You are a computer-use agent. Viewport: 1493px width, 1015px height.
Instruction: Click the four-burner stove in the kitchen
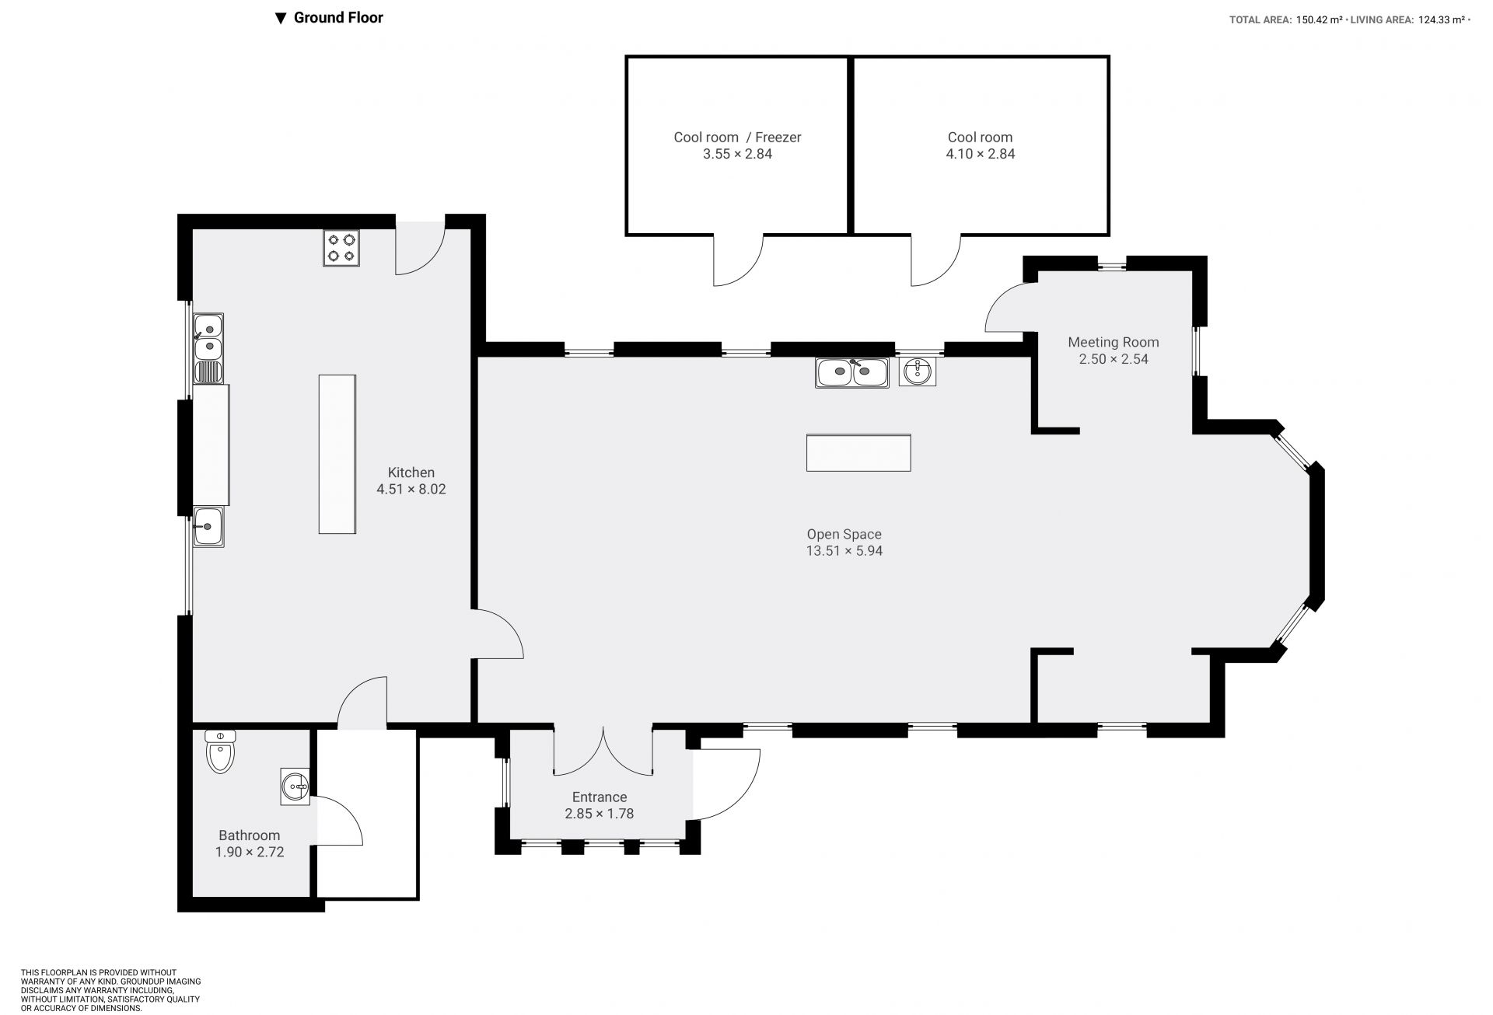click(x=341, y=248)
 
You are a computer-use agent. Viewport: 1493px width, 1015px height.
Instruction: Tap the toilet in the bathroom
click(x=220, y=751)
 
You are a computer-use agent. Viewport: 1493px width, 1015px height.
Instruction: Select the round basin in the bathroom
click(x=295, y=787)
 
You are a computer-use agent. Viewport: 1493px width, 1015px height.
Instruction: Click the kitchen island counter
click(x=337, y=454)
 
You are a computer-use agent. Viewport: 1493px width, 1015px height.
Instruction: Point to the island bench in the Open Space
click(x=858, y=452)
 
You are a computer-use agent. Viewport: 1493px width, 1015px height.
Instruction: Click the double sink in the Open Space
click(x=852, y=372)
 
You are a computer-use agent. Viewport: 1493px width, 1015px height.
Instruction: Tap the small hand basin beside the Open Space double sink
click(x=918, y=371)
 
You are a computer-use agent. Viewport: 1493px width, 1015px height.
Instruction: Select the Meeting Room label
click(x=1113, y=342)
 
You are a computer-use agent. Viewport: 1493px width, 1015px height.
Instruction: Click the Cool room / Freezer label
click(x=737, y=138)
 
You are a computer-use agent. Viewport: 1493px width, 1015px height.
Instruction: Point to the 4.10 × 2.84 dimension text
click(x=980, y=154)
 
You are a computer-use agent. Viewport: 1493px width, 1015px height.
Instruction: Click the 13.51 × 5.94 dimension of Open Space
click(x=844, y=551)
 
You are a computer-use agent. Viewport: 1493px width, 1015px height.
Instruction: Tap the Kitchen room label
click(x=411, y=473)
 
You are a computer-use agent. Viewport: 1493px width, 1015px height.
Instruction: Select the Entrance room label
click(x=600, y=797)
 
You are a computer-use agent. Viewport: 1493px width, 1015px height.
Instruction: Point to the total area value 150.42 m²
click(x=1319, y=20)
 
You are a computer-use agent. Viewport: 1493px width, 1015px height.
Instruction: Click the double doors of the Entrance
click(x=603, y=751)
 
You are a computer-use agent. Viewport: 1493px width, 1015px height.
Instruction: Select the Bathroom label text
click(x=249, y=835)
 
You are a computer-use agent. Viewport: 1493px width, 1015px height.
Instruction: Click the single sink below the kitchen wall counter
click(x=208, y=526)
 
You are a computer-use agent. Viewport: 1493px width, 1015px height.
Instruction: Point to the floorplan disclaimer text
click(x=110, y=990)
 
